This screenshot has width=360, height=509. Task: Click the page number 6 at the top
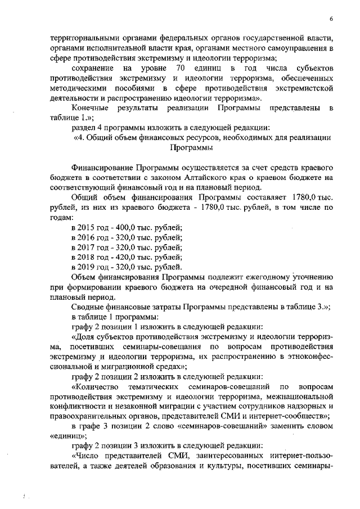(x=331, y=19)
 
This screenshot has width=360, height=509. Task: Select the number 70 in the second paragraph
(x=181, y=68)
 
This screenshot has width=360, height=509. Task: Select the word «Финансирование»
(x=101, y=168)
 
